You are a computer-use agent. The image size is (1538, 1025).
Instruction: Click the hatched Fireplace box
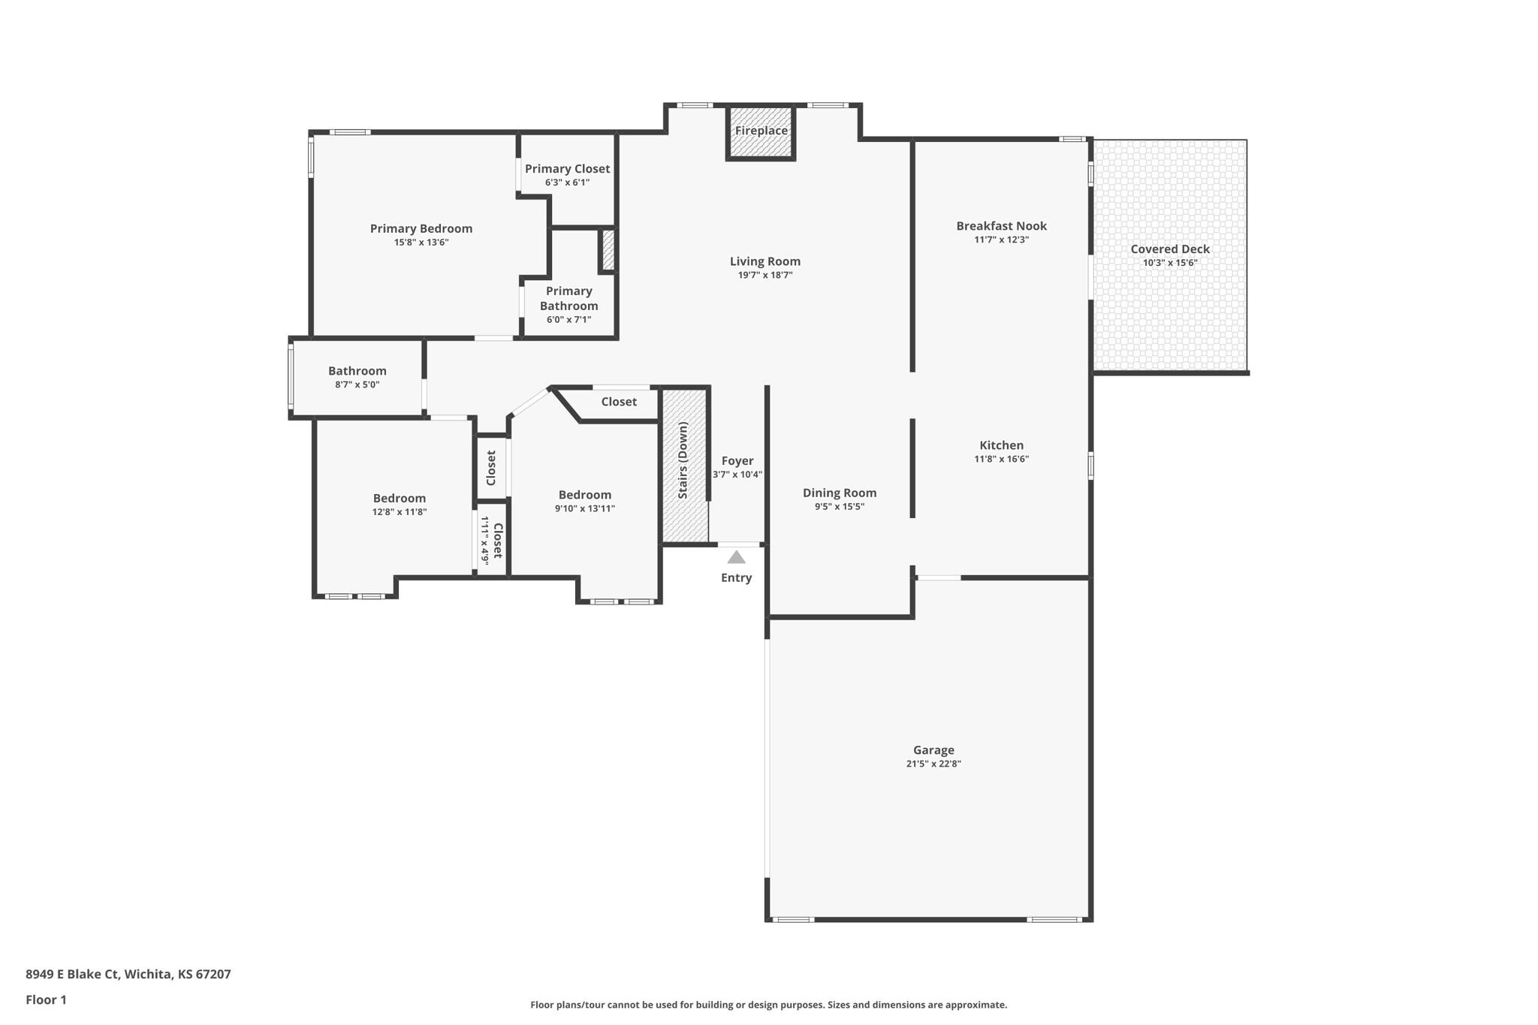click(761, 131)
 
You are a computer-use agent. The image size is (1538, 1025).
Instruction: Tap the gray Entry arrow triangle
click(737, 557)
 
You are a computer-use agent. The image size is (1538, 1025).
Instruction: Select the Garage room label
click(933, 749)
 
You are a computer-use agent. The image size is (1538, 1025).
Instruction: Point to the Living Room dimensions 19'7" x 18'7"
click(765, 275)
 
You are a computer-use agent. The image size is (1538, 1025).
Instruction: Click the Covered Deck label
click(1170, 249)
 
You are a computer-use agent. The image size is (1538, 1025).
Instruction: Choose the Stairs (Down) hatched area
click(685, 464)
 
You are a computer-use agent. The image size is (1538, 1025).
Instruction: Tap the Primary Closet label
click(568, 169)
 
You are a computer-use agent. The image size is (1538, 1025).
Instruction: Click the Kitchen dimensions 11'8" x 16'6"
click(1001, 459)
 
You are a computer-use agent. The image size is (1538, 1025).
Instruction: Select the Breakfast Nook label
click(1001, 226)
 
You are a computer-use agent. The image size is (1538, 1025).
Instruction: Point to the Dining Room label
click(840, 493)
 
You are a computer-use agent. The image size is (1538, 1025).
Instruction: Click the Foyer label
click(737, 461)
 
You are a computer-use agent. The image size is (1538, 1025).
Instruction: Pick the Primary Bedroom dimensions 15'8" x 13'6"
click(421, 242)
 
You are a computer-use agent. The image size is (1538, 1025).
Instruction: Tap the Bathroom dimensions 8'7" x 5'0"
click(357, 384)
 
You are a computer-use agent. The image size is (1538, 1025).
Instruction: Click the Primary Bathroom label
click(569, 298)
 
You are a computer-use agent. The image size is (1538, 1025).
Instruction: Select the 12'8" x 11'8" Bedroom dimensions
click(400, 511)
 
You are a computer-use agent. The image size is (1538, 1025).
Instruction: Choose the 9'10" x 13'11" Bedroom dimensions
click(585, 508)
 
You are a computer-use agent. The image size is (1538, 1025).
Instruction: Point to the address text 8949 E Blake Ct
click(72, 974)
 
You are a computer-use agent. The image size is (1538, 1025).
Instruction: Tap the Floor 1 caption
click(47, 999)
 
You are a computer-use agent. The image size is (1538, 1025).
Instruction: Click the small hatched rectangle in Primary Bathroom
click(608, 250)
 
